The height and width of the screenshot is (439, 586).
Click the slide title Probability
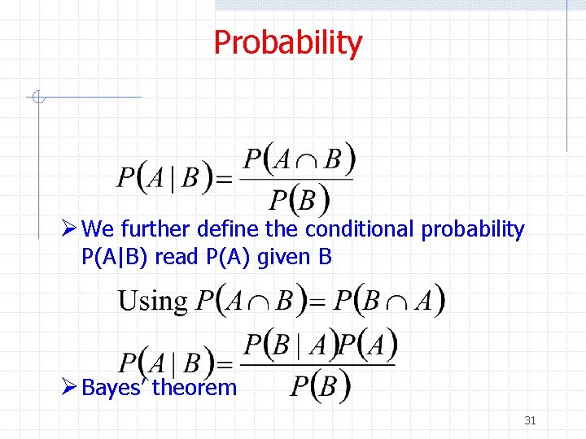pyautogui.click(x=287, y=42)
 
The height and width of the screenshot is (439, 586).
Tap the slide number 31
pyautogui.click(x=530, y=420)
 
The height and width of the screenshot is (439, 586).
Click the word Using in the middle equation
pyautogui.click(x=152, y=301)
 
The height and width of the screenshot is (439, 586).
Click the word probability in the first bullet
pyautogui.click(x=473, y=230)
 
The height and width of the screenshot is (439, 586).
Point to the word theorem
pyautogui.click(x=195, y=387)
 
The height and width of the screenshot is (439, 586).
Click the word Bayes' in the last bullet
pyautogui.click(x=115, y=387)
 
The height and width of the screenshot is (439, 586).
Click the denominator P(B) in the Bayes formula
pyautogui.click(x=321, y=385)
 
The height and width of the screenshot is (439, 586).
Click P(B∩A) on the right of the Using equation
pyautogui.click(x=389, y=302)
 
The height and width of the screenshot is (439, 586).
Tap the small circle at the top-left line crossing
pyautogui.click(x=37, y=98)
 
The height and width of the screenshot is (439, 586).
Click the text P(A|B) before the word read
pyautogui.click(x=116, y=258)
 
